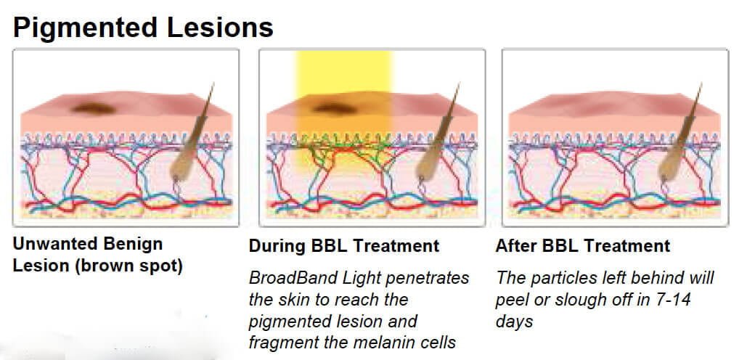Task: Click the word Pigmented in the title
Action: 85,28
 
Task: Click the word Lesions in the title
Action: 220,28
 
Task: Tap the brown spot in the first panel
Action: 94,108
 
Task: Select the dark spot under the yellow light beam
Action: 334,109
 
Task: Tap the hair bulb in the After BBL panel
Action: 670,165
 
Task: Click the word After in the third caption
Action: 516,246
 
